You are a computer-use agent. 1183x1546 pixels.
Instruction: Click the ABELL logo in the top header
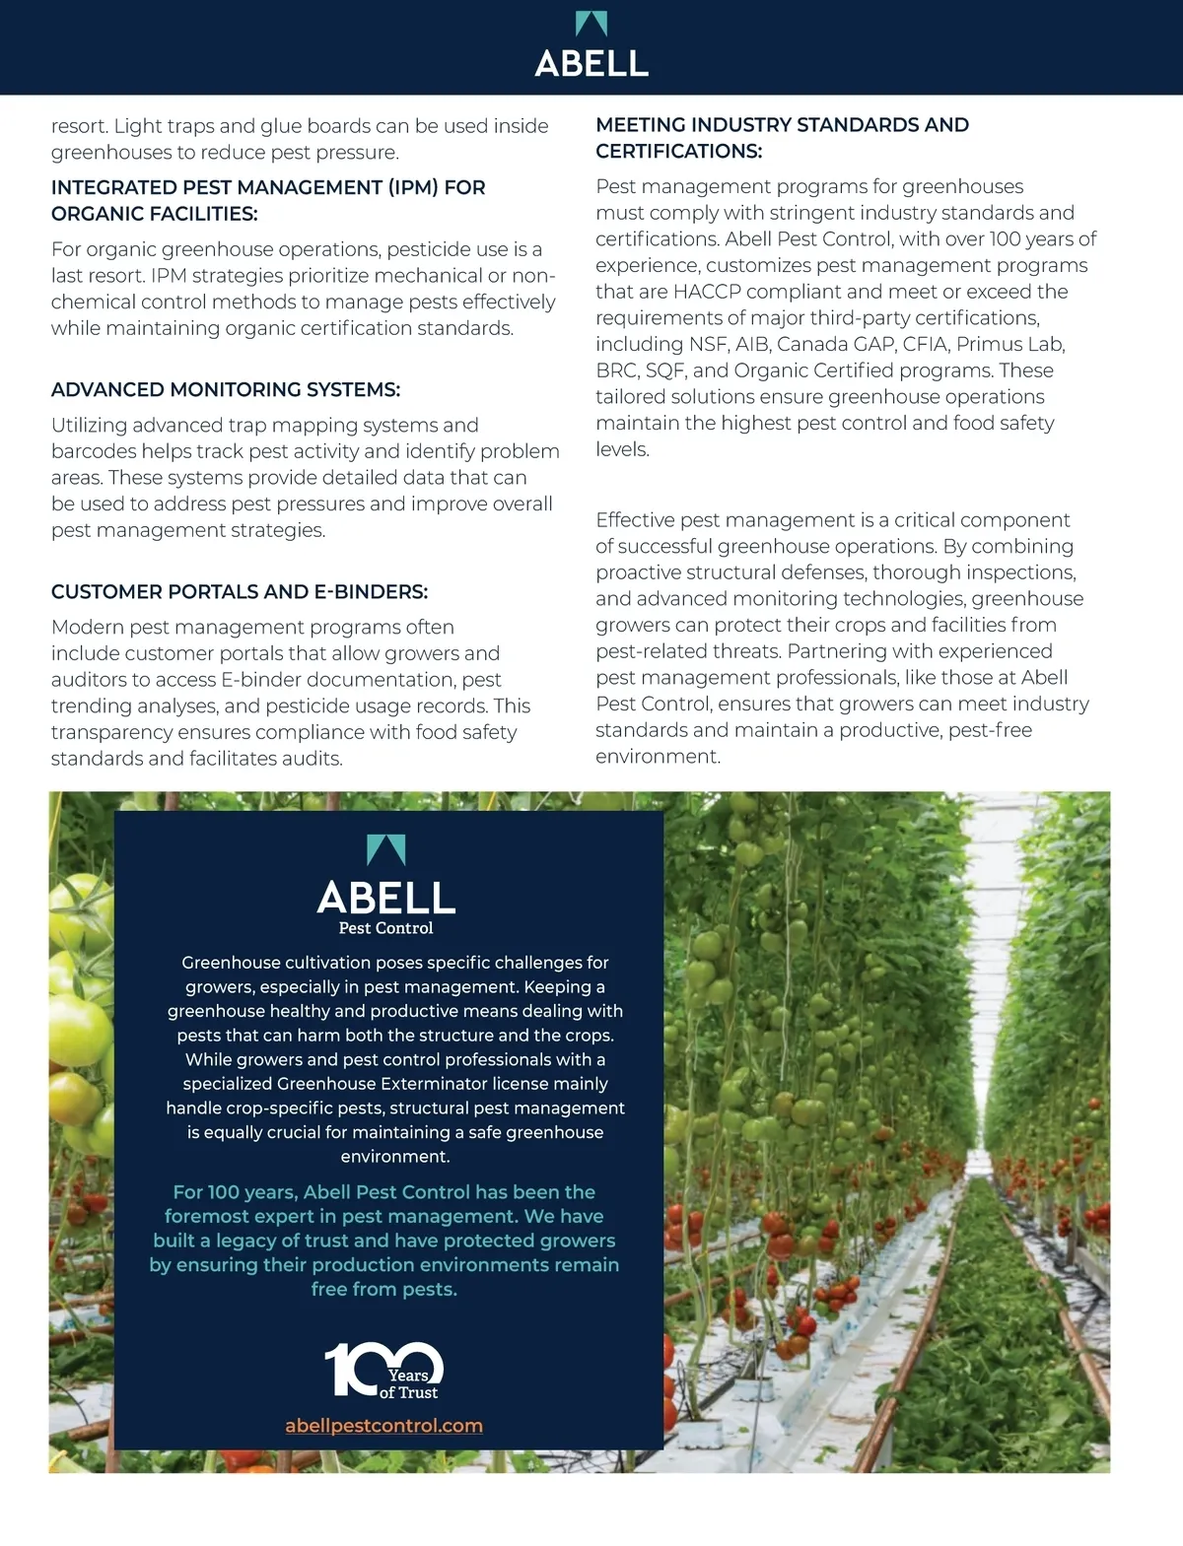[591, 46]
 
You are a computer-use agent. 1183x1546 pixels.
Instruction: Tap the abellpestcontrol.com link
[383, 1425]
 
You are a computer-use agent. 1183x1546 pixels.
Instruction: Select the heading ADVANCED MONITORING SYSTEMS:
[226, 389]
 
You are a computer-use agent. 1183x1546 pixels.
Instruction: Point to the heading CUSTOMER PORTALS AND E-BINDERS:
[240, 591]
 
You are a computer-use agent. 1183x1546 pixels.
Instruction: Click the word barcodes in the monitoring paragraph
[94, 451]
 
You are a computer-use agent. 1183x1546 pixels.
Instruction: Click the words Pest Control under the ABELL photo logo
[385, 927]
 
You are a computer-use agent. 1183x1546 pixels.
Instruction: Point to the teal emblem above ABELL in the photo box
[385, 850]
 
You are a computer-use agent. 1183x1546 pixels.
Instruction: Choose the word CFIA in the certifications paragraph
[925, 344]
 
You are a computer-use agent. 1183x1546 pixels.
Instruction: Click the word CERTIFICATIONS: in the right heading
[679, 151]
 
